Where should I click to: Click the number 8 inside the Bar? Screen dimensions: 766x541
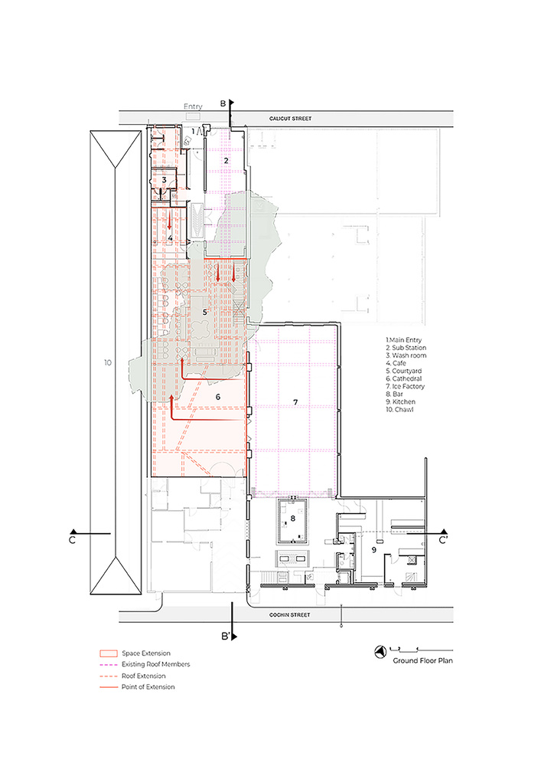tap(293, 519)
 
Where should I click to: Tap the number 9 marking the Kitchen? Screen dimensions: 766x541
tap(374, 549)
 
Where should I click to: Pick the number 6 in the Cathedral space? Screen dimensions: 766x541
tap(217, 397)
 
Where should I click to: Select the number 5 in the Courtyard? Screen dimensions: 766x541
tap(204, 312)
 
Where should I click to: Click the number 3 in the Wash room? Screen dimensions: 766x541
tap(164, 180)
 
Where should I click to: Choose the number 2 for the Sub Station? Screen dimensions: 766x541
tap(226, 161)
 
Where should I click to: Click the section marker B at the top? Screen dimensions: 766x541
tap(223, 103)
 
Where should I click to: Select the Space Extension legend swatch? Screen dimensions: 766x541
tap(108, 653)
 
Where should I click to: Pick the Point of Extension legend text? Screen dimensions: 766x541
tap(153, 686)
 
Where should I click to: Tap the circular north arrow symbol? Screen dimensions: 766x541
tap(379, 652)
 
